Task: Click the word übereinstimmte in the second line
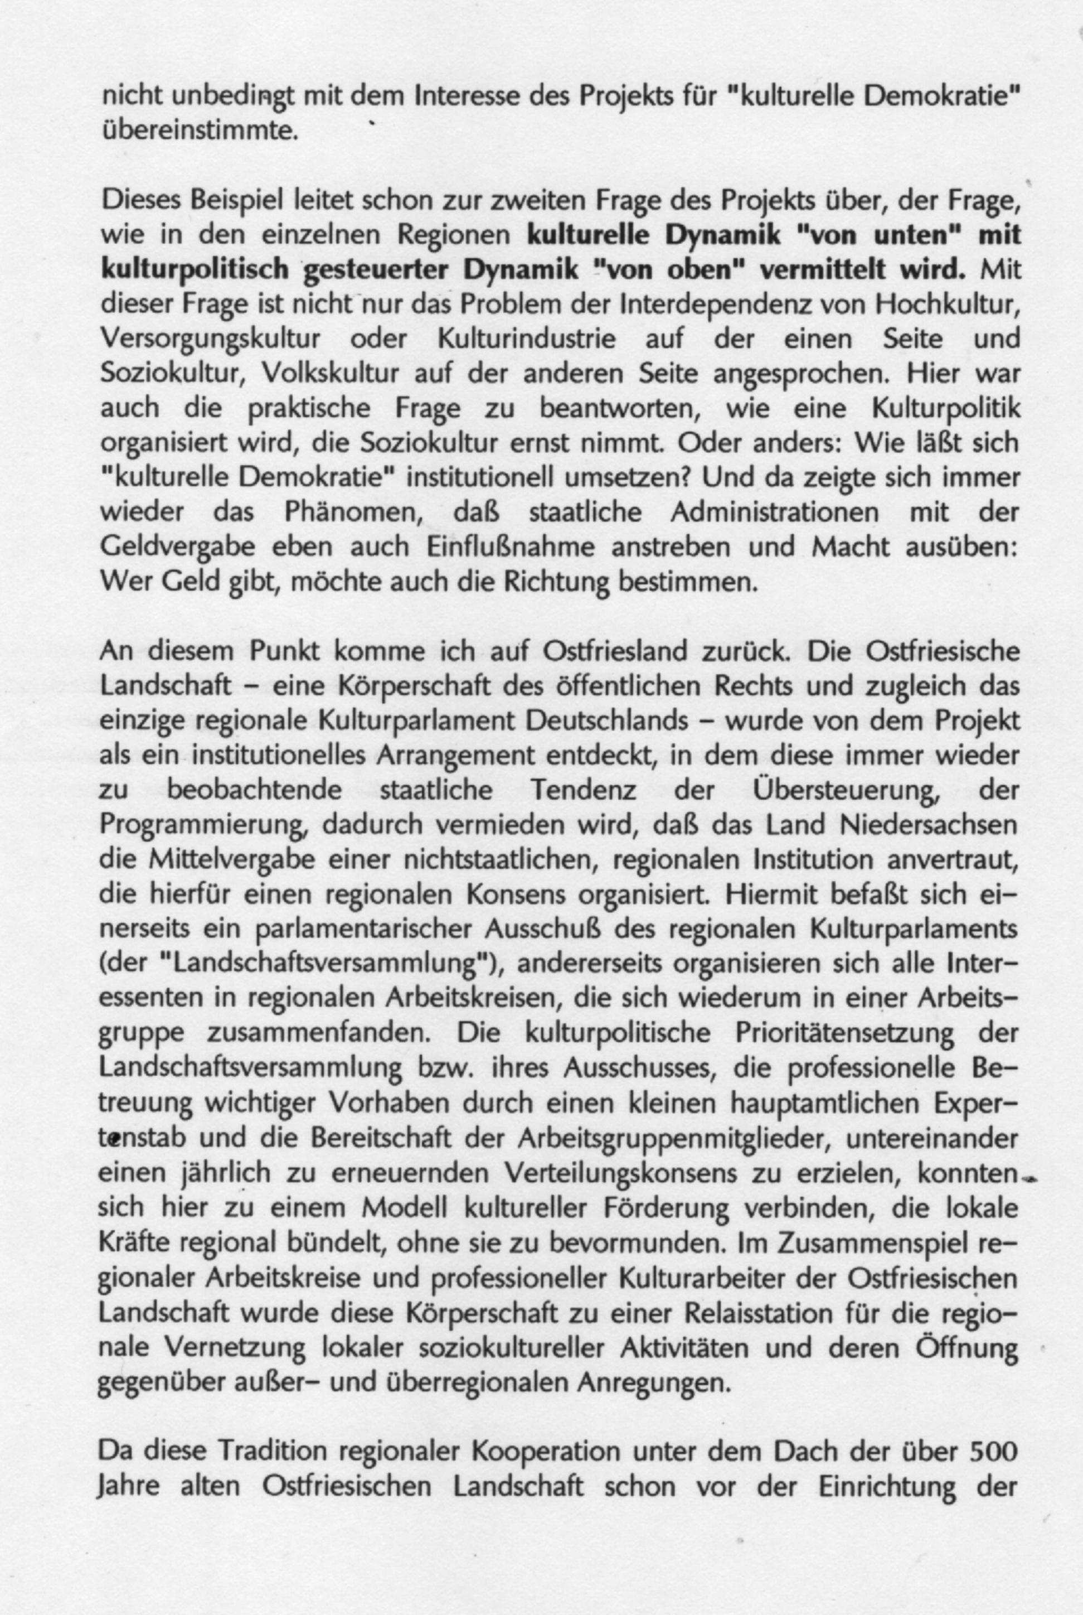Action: click(200, 130)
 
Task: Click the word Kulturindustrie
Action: click(526, 339)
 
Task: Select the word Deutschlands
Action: click(607, 721)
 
